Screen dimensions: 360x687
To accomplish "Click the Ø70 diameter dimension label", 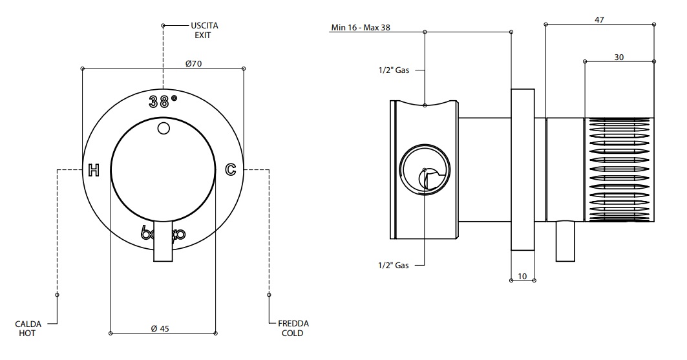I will pyautogui.click(x=194, y=63).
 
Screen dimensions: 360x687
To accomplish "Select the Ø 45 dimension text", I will pyautogui.click(x=160, y=328).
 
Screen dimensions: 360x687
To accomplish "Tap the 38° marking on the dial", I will pyautogui.click(x=163, y=101).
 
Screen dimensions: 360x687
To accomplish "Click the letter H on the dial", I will pyautogui.click(x=94, y=171).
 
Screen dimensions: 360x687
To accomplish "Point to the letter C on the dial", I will pyautogui.click(x=230, y=170).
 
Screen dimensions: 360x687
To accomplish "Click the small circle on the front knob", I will pyautogui.click(x=164, y=129).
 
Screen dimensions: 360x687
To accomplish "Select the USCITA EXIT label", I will pyautogui.click(x=200, y=30).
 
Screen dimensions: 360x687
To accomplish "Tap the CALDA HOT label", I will pyautogui.click(x=26, y=328).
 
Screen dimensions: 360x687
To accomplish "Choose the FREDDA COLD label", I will pyautogui.click(x=293, y=328).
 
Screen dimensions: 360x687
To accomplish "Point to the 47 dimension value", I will pyautogui.click(x=599, y=20).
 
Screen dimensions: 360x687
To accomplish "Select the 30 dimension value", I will pyautogui.click(x=618, y=58).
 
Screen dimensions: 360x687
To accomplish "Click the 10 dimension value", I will pyautogui.click(x=523, y=276).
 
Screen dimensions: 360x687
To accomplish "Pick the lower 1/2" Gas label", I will pyautogui.click(x=394, y=266).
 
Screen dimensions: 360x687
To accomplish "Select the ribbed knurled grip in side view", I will pyautogui.click(x=619, y=170).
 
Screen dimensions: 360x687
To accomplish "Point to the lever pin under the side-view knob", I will pyautogui.click(x=565, y=241).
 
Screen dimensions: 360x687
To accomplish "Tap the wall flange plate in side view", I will pyautogui.click(x=523, y=169).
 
